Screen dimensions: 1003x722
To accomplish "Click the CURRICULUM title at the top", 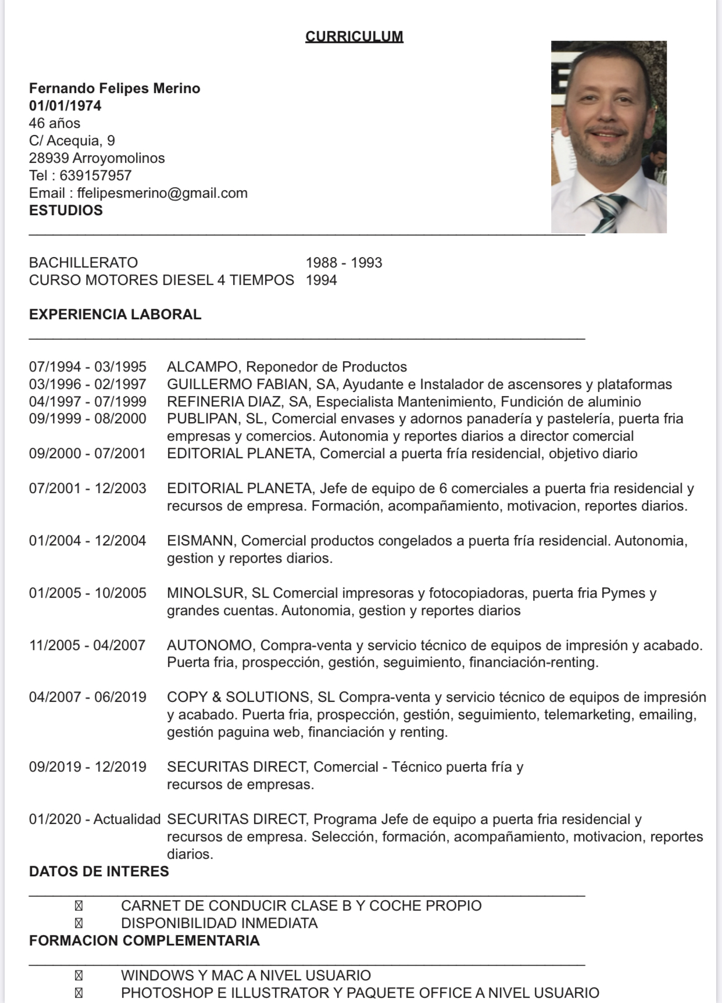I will pyautogui.click(x=354, y=37).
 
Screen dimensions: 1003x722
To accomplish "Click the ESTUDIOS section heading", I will pyautogui.click(x=66, y=210).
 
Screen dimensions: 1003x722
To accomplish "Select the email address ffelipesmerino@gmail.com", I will pyautogui.click(x=162, y=193).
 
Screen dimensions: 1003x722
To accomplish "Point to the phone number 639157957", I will pyautogui.click(x=95, y=176).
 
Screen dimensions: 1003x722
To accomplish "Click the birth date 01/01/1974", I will pyautogui.click(x=65, y=106).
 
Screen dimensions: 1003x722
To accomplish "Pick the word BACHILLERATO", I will pyautogui.click(x=83, y=263).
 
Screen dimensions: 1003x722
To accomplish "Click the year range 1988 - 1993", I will pyautogui.click(x=344, y=263).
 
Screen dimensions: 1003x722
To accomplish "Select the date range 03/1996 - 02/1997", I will pyautogui.click(x=88, y=384).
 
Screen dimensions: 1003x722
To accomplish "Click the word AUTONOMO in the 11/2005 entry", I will pyautogui.click(x=209, y=645).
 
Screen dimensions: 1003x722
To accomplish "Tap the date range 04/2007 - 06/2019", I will pyautogui.click(x=88, y=697).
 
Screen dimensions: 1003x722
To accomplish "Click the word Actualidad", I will pyautogui.click(x=127, y=819).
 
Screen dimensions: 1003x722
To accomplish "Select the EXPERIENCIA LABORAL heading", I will pyautogui.click(x=115, y=315).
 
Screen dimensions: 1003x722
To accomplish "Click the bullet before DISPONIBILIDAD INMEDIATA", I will pyautogui.click(x=78, y=923).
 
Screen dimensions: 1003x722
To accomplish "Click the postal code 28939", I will pyautogui.click(x=49, y=158).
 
